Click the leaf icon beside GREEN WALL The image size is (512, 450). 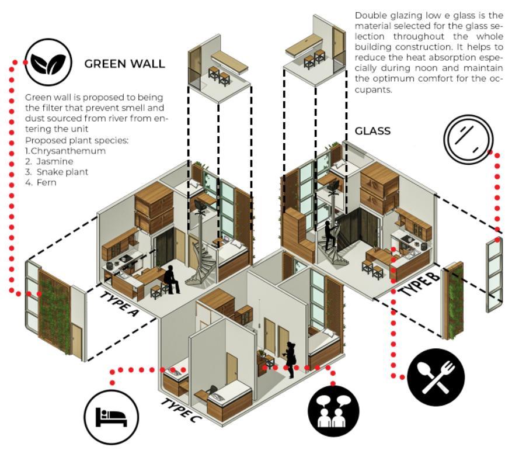(48, 63)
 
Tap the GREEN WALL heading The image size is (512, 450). (125, 64)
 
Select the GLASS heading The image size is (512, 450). (372, 130)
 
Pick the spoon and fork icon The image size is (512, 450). (436, 377)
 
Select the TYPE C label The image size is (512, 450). (183, 410)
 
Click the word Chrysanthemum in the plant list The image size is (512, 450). (69, 151)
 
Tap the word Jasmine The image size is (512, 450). (54, 161)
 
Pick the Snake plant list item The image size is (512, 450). (62, 172)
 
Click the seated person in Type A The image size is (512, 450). (170, 279)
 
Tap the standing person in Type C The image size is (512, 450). (290, 358)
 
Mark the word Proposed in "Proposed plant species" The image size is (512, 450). (43, 141)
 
